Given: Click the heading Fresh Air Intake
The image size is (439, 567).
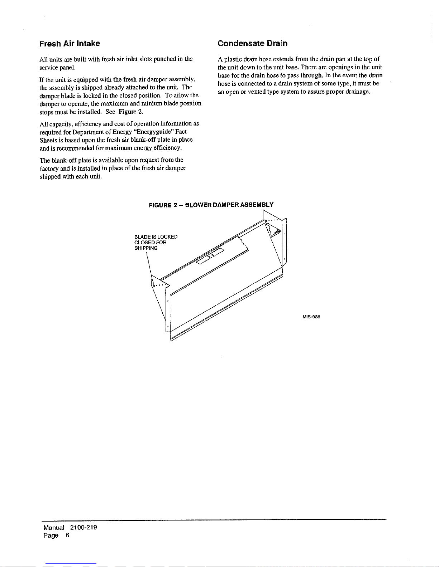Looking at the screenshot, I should (x=70, y=44).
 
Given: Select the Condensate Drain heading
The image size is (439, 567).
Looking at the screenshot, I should (x=253, y=43).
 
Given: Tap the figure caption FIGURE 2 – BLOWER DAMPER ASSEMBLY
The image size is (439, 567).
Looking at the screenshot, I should (x=211, y=205).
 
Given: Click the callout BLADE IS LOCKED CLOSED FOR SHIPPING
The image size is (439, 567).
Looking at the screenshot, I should (x=156, y=243).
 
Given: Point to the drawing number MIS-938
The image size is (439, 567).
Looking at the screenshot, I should (x=311, y=317).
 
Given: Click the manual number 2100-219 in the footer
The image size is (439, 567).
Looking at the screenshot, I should (x=84, y=528).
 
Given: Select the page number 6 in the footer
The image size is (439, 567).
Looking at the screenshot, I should (x=67, y=536).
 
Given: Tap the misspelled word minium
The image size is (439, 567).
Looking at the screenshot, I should (x=152, y=103).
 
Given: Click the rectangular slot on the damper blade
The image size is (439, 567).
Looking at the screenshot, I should (x=210, y=255).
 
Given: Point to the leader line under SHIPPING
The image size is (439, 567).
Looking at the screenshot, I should (x=148, y=263).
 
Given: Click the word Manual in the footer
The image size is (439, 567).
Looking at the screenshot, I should (x=54, y=528).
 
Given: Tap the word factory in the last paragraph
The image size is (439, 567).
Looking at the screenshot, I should (x=49, y=168).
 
